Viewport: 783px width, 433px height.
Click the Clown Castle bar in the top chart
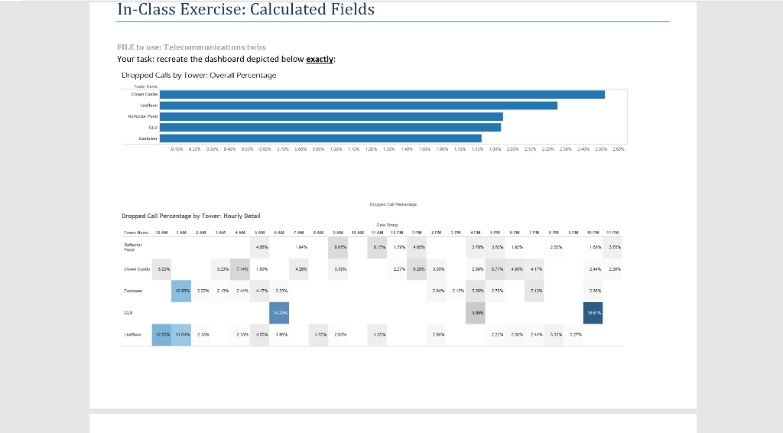pos(382,94)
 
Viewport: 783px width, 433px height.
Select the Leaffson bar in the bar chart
pos(359,106)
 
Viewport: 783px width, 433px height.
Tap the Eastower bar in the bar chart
pos(320,138)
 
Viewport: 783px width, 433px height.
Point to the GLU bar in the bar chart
pos(331,127)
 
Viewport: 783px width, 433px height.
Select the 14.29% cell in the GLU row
pos(280,312)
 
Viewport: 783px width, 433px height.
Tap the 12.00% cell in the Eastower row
pos(180,291)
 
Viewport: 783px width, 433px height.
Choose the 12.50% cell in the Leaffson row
pos(161,334)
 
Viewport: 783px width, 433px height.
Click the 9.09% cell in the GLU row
pos(477,312)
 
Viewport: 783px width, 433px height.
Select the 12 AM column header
pos(161,232)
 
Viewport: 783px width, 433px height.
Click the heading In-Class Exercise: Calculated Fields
pos(245,10)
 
